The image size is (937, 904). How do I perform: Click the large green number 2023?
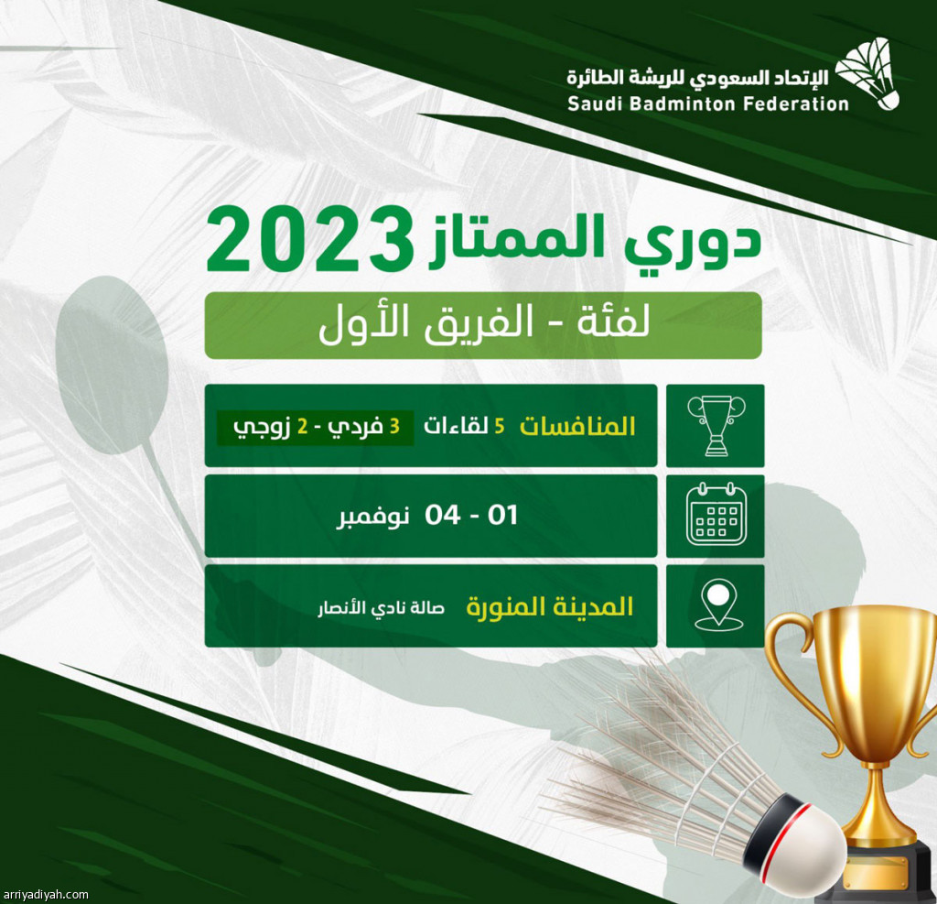(x=310, y=240)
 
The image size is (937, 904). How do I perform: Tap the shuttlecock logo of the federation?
(x=867, y=73)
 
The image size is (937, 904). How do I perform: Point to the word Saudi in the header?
(x=595, y=104)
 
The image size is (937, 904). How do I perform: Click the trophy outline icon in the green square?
(x=716, y=425)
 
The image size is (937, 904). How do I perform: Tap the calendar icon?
(x=716, y=515)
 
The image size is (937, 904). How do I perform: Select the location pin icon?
(x=719, y=605)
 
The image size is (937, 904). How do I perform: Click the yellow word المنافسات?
(x=577, y=426)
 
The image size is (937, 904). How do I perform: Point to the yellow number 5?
(x=500, y=426)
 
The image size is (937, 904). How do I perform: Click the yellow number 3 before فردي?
(x=394, y=426)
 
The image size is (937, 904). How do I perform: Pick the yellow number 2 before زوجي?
(x=302, y=426)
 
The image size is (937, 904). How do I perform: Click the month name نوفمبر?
(x=373, y=516)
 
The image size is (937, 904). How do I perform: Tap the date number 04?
(x=442, y=515)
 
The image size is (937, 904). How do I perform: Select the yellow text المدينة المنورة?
(x=549, y=606)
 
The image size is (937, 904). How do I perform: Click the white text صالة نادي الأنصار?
(x=382, y=608)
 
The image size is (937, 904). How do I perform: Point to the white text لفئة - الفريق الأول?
(x=484, y=323)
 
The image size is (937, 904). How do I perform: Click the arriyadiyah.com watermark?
(x=44, y=895)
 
